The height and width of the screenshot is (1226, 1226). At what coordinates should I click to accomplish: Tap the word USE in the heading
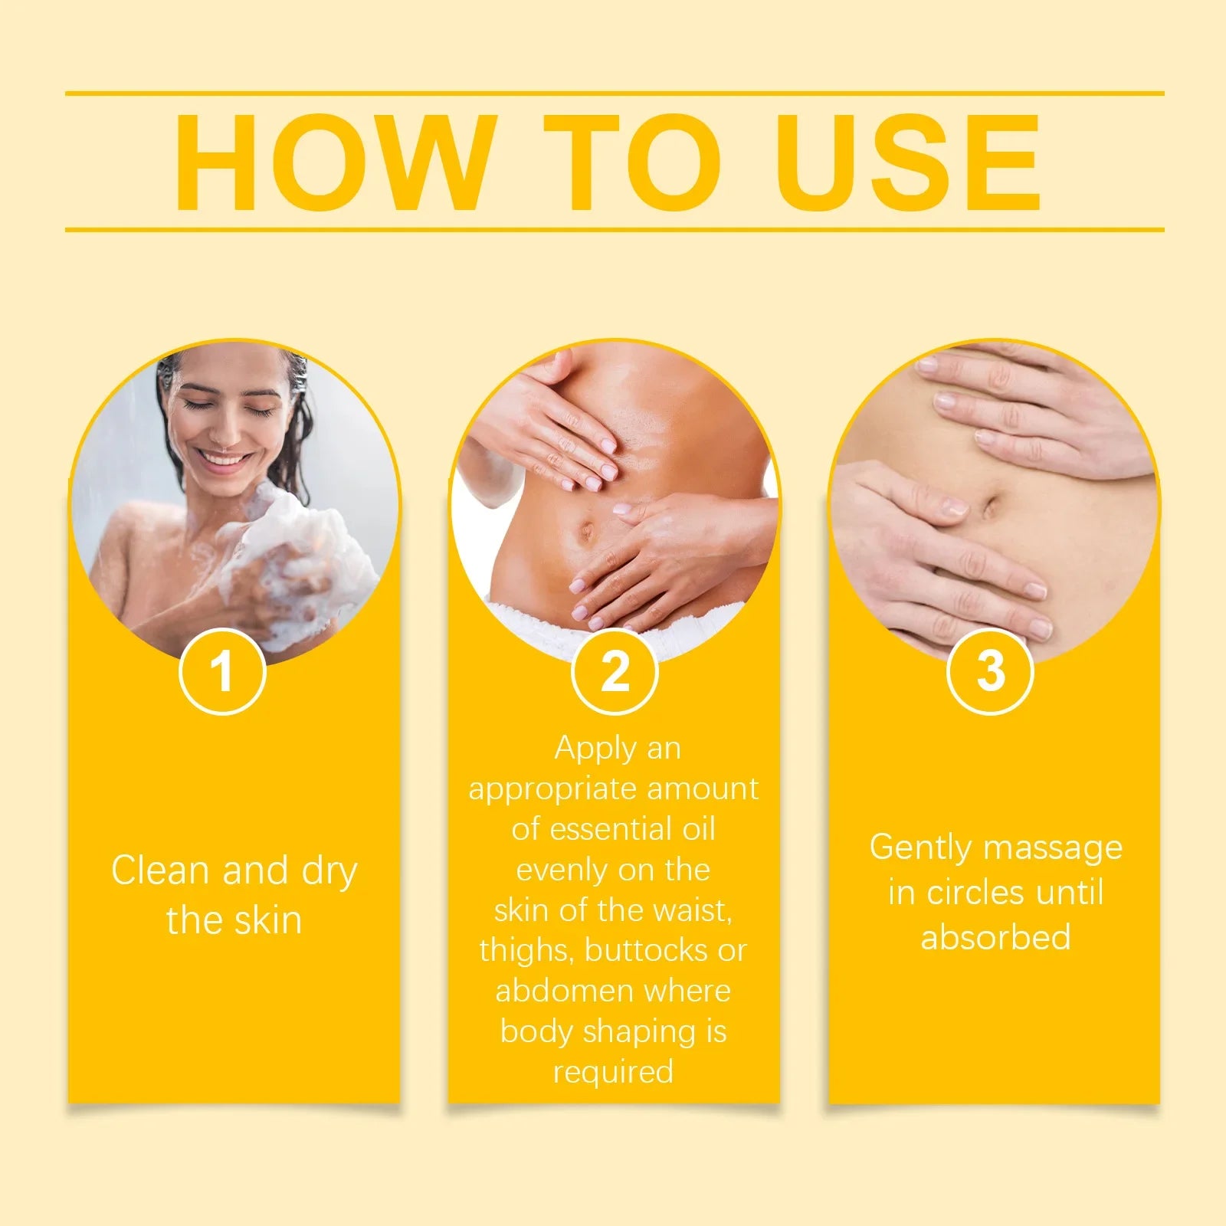click(x=912, y=162)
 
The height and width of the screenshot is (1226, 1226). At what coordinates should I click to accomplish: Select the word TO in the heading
click(x=633, y=162)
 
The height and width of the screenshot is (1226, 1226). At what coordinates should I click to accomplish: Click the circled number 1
click(x=222, y=671)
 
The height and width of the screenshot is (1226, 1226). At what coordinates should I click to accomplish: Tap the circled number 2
click(x=615, y=671)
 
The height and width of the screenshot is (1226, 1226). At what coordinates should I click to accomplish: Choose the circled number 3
click(x=991, y=671)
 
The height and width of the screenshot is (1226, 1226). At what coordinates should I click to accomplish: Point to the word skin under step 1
click(x=268, y=919)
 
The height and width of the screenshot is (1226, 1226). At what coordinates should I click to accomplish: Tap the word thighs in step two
click(x=527, y=950)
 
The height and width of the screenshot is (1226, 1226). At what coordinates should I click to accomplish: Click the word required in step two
click(x=613, y=1071)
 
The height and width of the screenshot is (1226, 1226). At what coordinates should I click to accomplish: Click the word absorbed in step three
click(x=995, y=937)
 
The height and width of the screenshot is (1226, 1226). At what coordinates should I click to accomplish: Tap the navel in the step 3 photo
click(x=989, y=506)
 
